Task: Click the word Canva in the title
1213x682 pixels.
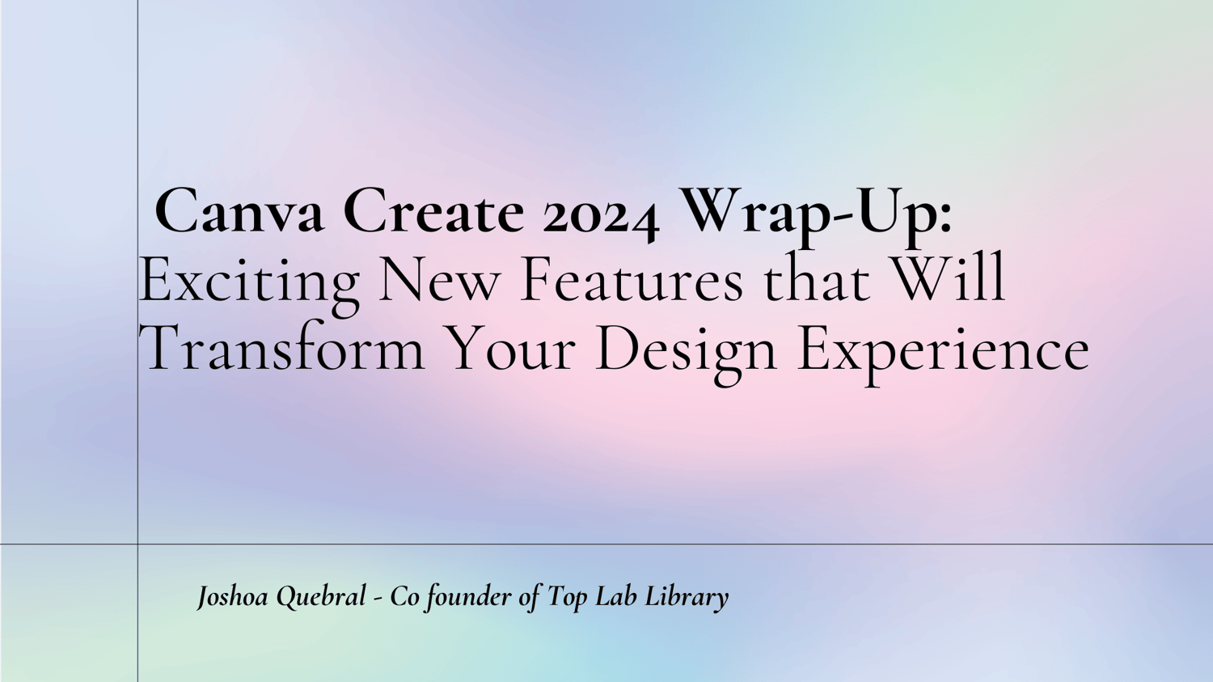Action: click(239, 210)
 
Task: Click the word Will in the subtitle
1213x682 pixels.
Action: click(948, 279)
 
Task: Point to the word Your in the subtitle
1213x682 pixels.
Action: click(511, 349)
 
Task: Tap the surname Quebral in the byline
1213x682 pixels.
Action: click(321, 598)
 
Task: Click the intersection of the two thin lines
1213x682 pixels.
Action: click(137, 544)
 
